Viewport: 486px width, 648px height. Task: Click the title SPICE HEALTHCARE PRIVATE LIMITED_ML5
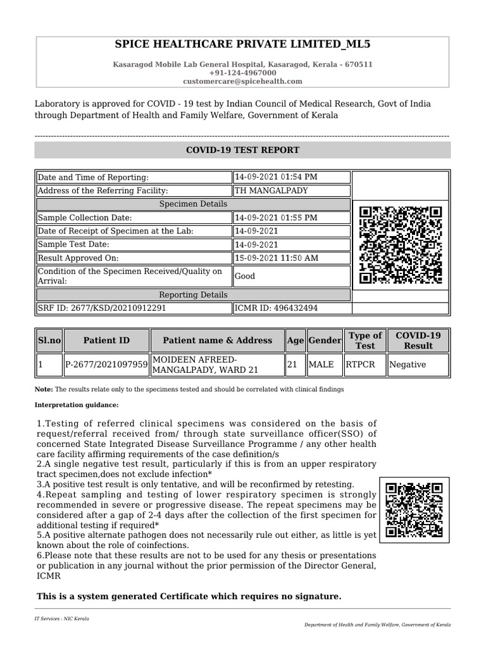coord(242,44)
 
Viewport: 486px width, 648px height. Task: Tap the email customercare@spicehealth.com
coord(242,82)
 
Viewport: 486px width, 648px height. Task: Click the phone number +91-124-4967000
coord(242,73)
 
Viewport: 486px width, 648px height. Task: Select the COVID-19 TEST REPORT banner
coord(242,150)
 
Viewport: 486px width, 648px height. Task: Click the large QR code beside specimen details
coord(401,246)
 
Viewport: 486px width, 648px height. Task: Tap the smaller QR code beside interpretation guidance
coord(414,511)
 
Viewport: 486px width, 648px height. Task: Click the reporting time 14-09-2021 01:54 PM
coord(276,177)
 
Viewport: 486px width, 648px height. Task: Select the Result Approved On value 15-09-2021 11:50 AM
coord(276,258)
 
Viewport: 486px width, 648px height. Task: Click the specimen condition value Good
coord(245,277)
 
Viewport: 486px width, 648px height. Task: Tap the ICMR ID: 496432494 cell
coord(276,308)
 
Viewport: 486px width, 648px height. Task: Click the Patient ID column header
coord(106,340)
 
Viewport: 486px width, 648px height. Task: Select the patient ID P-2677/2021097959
coord(106,365)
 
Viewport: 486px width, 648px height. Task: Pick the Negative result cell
coord(408,365)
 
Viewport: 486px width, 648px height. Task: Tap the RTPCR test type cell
coord(359,365)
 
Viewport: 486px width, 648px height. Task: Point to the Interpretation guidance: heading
coord(77,405)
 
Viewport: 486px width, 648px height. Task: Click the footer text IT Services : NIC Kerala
coord(62,618)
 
